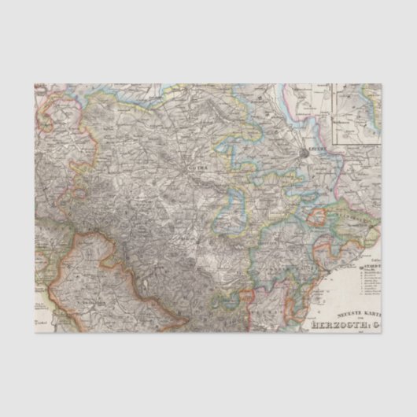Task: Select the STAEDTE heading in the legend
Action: pos(371,268)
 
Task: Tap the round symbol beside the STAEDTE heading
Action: pos(361,268)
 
